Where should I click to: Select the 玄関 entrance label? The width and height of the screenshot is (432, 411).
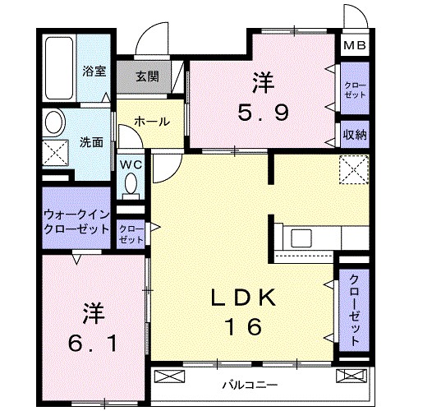point(148,78)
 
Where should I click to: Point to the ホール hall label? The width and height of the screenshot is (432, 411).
point(151,121)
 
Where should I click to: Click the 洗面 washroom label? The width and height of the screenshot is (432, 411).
point(91,141)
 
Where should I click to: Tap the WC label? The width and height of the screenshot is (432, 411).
point(131,164)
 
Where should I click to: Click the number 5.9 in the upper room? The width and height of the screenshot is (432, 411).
point(264,113)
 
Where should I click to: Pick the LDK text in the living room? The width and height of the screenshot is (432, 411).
point(243,296)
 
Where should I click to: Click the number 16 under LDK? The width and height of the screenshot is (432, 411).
point(243,326)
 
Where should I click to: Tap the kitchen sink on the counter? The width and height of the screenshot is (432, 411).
point(300,239)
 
